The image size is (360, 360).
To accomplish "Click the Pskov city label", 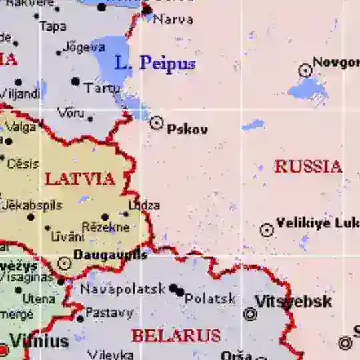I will [187, 129].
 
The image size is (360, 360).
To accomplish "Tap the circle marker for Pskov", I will [157, 123].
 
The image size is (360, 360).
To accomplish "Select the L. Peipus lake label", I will [155, 64].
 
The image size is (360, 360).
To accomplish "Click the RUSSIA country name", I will [308, 167].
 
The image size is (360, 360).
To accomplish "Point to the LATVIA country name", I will [79, 179].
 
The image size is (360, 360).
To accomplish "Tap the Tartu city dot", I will [76, 82].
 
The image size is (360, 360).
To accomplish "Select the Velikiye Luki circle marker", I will [267, 231].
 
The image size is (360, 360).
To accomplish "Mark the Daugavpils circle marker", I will [65, 263].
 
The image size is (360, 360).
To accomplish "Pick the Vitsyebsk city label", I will [293, 301].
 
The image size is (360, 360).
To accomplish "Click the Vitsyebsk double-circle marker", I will [251, 314].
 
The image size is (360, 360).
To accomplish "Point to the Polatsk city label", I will [210, 299].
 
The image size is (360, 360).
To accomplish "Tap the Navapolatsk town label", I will [123, 289].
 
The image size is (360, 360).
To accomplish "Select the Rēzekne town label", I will [105, 227].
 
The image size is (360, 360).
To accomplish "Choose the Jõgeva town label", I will [83, 47].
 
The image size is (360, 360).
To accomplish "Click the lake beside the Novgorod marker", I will [308, 89].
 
